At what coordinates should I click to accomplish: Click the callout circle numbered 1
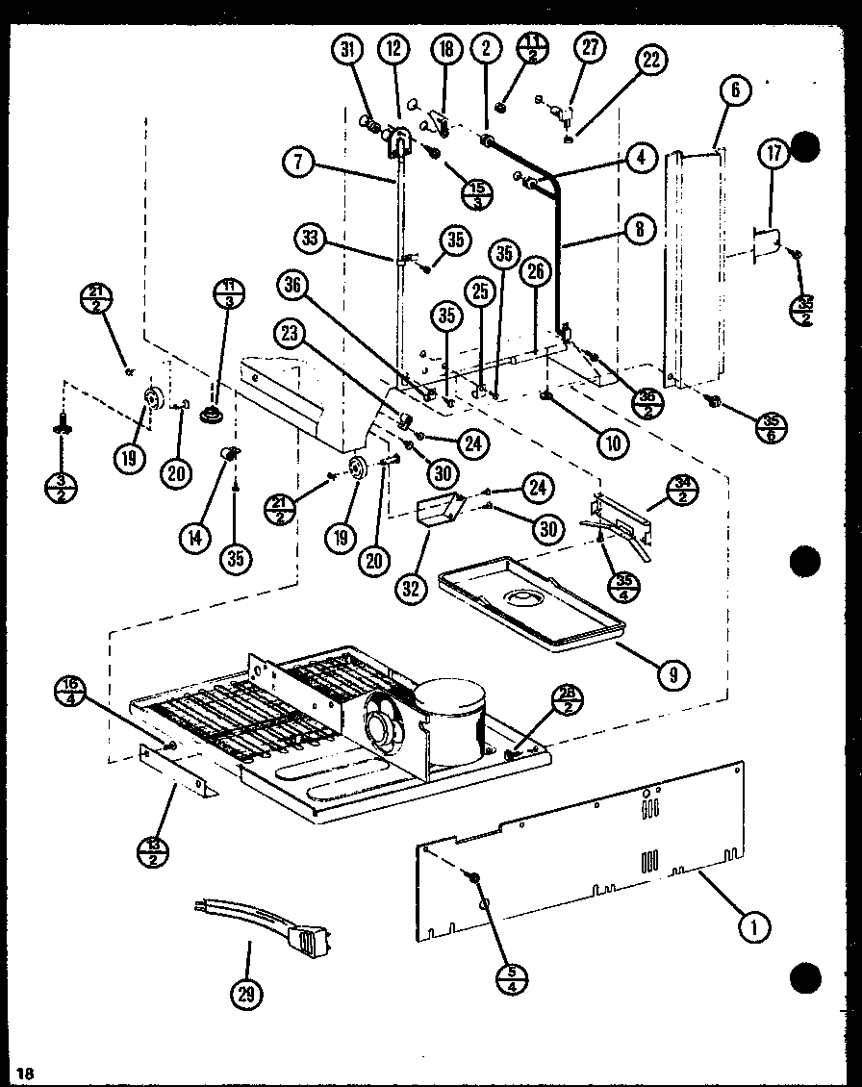pyautogui.click(x=755, y=926)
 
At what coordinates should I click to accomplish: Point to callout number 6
pyautogui.click(x=734, y=91)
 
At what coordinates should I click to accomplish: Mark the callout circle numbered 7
pyautogui.click(x=300, y=163)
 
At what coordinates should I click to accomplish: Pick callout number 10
pyautogui.click(x=612, y=442)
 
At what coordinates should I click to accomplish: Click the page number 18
pyautogui.click(x=25, y=1072)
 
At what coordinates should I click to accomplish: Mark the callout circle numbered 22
pyautogui.click(x=651, y=60)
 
